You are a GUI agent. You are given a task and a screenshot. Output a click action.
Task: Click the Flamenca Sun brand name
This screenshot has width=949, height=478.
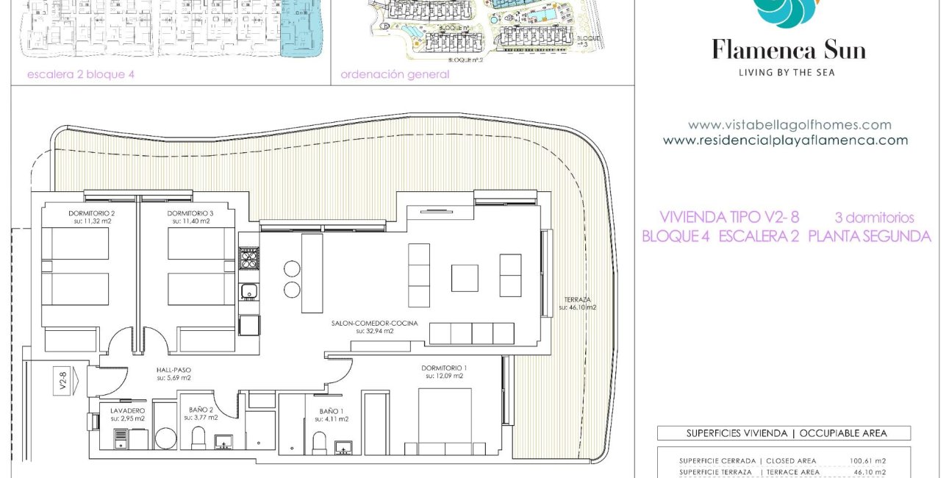point(789,50)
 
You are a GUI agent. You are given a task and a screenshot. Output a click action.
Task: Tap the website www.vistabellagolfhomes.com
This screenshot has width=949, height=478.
point(789,125)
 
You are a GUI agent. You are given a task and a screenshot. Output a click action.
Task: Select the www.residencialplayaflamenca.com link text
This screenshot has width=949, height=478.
point(785,140)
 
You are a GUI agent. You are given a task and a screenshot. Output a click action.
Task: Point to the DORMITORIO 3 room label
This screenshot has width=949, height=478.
point(191,213)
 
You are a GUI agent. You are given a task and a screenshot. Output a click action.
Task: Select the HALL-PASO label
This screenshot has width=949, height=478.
point(173,371)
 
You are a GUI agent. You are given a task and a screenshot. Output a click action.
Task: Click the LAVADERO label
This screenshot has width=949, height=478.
point(127,410)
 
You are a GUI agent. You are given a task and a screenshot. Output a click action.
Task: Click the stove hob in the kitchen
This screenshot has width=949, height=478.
point(248,257)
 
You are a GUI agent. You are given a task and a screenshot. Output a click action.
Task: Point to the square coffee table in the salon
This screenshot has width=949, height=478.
point(464,278)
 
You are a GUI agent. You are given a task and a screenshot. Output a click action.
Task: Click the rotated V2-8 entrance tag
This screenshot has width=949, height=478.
point(63,382)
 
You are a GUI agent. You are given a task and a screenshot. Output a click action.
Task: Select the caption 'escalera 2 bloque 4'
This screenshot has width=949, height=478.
point(81,74)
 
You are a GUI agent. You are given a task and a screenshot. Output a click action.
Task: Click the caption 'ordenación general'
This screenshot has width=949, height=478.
point(395,74)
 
